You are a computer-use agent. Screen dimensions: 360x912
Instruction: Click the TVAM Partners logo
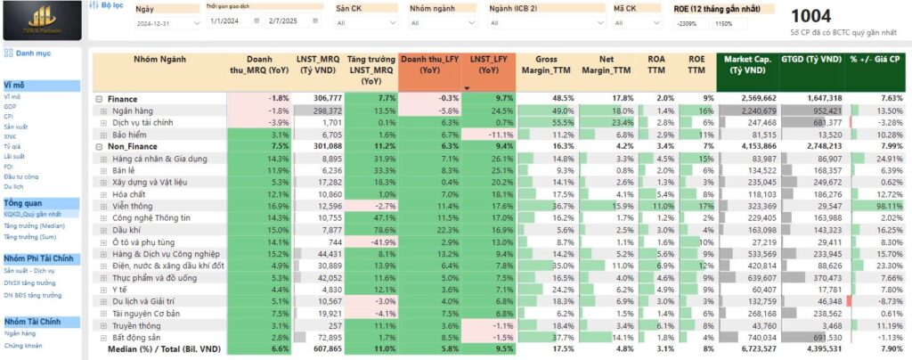[x=42, y=20]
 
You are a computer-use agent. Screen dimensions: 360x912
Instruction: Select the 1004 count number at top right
[x=810, y=16]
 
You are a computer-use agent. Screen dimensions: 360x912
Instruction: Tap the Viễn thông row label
[x=132, y=205]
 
